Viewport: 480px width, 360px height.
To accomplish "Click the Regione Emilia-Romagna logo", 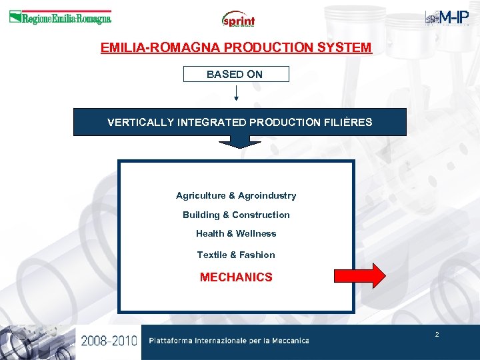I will [60, 18].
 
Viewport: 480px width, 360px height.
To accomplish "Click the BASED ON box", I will [235, 74].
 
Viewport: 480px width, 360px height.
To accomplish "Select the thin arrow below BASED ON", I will [236, 93].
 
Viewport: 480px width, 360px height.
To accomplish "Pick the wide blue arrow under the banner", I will [239, 141].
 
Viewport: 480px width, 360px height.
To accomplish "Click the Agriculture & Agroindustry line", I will [236, 195].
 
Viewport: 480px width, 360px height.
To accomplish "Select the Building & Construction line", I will [236, 215].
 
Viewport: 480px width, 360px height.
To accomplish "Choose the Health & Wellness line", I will [236, 233].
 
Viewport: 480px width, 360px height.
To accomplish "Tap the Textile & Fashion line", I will [236, 255].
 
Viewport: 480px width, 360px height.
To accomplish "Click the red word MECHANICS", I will [236, 277].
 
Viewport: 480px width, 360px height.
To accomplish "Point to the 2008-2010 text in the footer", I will [109, 341].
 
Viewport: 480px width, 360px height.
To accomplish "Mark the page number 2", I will [437, 334].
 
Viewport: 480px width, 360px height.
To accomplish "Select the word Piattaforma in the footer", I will [171, 341].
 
